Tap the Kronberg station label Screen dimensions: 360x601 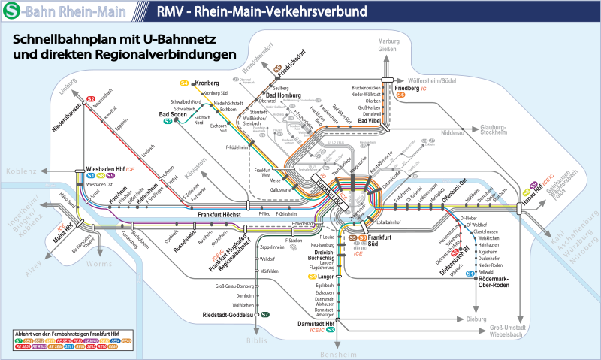(206, 83)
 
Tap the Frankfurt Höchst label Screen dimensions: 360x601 (219, 216)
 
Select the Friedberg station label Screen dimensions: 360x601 (406, 89)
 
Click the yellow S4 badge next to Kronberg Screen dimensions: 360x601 (184, 83)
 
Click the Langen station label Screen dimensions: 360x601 (325, 277)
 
